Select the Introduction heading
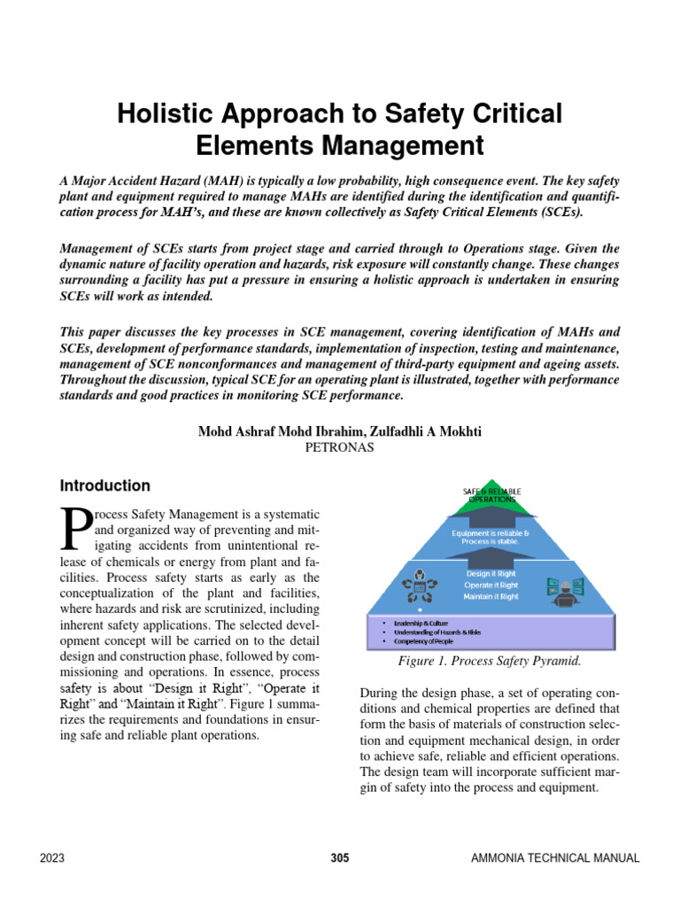click(104, 485)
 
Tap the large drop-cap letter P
click(74, 528)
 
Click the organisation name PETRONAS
click(339, 448)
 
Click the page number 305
click(340, 857)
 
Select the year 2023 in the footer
click(52, 857)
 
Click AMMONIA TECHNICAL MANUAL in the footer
click(555, 857)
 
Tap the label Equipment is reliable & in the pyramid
click(491, 533)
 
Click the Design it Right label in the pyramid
click(491, 573)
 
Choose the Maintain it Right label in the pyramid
click(491, 596)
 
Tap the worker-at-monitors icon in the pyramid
click(563, 590)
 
